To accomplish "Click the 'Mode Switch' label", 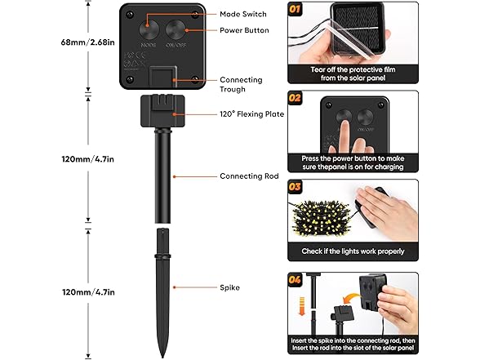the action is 243,14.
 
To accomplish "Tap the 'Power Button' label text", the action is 244,30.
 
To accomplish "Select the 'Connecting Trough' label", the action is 241,85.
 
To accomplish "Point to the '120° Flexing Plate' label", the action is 251,114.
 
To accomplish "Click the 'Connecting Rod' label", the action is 249,176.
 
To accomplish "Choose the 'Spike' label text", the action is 229,287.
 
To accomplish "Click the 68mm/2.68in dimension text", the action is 88,42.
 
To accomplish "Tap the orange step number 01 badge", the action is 295,9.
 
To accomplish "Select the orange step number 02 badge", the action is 295,98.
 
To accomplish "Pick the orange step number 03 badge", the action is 295,187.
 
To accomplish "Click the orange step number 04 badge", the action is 295,280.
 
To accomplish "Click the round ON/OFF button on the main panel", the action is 176,30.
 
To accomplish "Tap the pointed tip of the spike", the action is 162,357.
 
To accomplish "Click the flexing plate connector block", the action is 162,111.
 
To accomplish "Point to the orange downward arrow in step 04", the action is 302,306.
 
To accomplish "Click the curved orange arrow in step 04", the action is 350,298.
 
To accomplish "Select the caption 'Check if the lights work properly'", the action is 353,251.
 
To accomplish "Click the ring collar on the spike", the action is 162,256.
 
